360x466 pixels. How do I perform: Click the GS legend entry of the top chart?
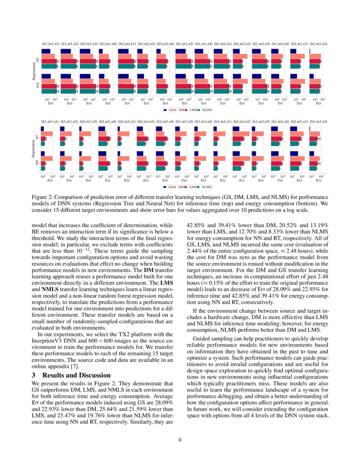[170, 109]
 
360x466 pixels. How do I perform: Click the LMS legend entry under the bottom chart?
[193, 187]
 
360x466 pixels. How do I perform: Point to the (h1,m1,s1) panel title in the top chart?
[50, 44]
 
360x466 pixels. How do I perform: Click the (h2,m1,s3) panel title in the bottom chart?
[89, 122]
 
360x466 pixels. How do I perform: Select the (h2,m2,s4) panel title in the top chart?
[165, 44]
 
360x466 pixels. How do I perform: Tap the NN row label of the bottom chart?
[37, 162]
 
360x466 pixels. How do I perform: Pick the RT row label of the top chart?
[37, 60]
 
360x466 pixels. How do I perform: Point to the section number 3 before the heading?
[34, 375]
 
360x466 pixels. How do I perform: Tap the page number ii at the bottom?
[180, 439]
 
